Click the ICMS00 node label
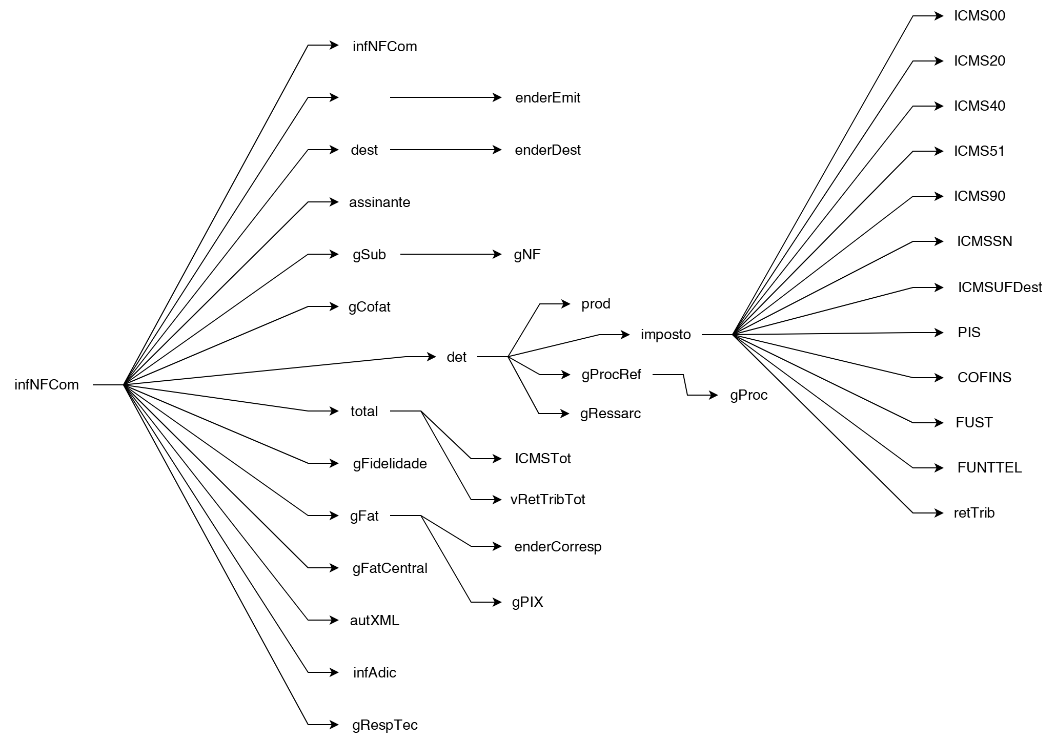(979, 16)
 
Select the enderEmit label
(547, 98)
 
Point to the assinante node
(379, 202)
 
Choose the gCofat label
(369, 307)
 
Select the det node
(456, 357)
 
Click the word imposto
(665, 335)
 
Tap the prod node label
(596, 304)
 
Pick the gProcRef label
(611, 375)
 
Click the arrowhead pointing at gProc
(714, 395)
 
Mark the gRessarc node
(610, 414)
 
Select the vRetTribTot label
(547, 500)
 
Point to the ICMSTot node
(542, 459)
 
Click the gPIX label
(527, 602)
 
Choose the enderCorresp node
(558, 547)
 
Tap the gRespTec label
(384, 725)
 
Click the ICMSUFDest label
(1000, 287)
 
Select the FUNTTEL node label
(989, 468)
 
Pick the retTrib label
(974, 513)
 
